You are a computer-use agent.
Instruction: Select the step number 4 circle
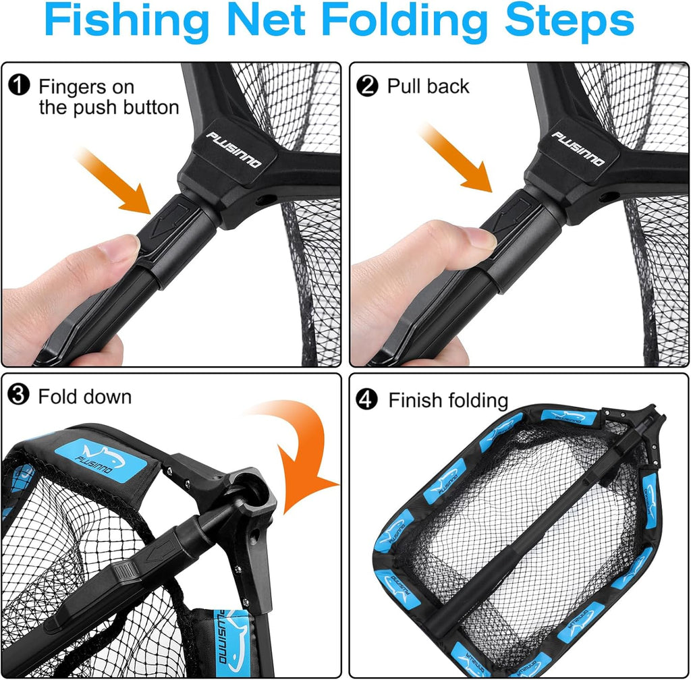(x=368, y=400)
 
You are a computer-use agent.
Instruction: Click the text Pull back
(x=428, y=86)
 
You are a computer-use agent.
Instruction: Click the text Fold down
(x=84, y=396)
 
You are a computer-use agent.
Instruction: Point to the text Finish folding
(x=447, y=400)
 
